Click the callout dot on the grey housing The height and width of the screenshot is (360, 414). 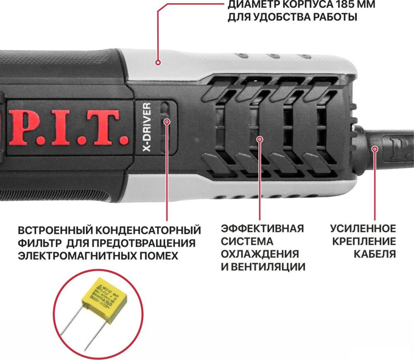[x=158, y=63]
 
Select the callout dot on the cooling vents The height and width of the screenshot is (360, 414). [x=260, y=140]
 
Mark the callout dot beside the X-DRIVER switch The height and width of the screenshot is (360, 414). [x=167, y=121]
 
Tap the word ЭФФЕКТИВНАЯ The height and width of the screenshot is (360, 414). [x=262, y=229]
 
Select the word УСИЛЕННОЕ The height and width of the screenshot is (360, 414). [x=363, y=229]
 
